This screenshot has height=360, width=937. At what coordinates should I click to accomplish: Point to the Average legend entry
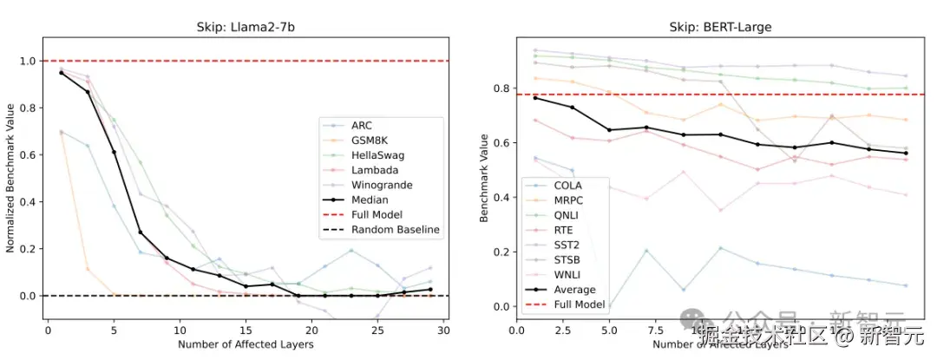pos(573,289)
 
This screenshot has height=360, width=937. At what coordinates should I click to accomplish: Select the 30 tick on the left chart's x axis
pos(442,330)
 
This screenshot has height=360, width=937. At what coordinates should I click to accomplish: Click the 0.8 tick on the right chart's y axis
pos(500,88)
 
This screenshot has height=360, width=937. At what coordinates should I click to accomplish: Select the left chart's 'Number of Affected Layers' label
pos(244,344)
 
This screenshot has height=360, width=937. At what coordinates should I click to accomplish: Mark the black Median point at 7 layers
pos(141,232)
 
